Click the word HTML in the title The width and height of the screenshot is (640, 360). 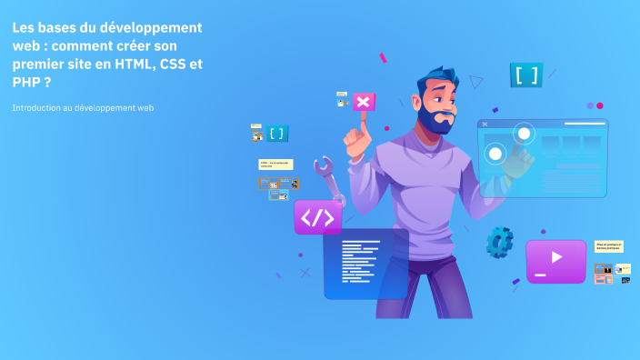coord(132,63)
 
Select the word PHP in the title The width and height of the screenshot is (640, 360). coord(25,81)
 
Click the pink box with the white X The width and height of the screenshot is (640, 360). coord(363,102)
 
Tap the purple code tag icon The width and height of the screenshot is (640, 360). coord(317,217)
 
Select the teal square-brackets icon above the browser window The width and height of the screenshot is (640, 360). coord(526,75)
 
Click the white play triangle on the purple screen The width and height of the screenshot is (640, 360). coord(556,257)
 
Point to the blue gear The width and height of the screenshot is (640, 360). coord(499,241)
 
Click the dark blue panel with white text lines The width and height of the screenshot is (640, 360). coord(365,264)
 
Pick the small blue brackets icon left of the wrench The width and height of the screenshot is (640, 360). coord(277,134)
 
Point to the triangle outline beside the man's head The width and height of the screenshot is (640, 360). coord(475,82)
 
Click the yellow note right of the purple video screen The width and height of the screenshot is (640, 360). coord(608,246)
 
